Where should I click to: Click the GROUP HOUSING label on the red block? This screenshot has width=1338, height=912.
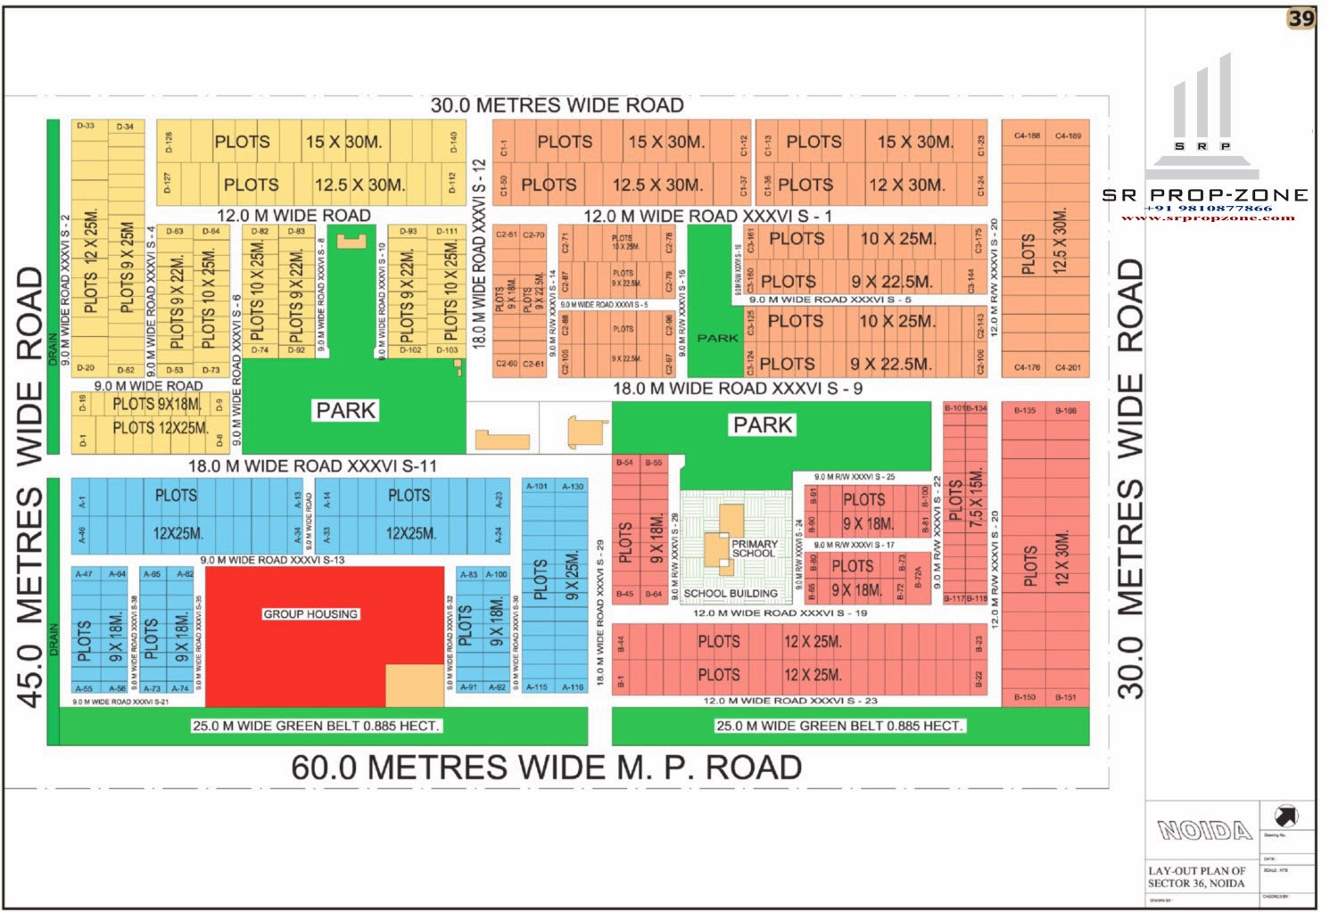310,614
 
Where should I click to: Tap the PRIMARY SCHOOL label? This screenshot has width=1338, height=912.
755,548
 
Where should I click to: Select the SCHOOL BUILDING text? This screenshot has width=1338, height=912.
731,593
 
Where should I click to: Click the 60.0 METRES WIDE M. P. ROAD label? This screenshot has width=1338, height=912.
546,768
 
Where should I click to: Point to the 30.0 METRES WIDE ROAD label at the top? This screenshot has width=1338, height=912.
557,105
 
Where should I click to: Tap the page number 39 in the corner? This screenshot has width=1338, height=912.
1301,19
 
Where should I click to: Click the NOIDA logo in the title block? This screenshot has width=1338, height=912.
1204,831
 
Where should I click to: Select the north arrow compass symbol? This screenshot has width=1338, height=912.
1286,815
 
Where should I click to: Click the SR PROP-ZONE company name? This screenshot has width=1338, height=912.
1205,195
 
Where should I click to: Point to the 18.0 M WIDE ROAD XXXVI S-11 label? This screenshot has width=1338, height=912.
312,465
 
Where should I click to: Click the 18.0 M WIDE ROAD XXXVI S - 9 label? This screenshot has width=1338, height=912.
737,389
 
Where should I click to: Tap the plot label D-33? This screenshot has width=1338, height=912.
86,127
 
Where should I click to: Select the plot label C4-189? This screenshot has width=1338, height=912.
1068,136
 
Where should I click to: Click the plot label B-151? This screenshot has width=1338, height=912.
1066,697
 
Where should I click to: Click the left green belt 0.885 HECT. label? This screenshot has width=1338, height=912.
316,726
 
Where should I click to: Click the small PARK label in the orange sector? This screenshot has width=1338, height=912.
717,339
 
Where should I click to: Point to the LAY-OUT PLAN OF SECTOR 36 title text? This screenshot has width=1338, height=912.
1196,876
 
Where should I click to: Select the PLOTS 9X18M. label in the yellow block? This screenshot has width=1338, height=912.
156,404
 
